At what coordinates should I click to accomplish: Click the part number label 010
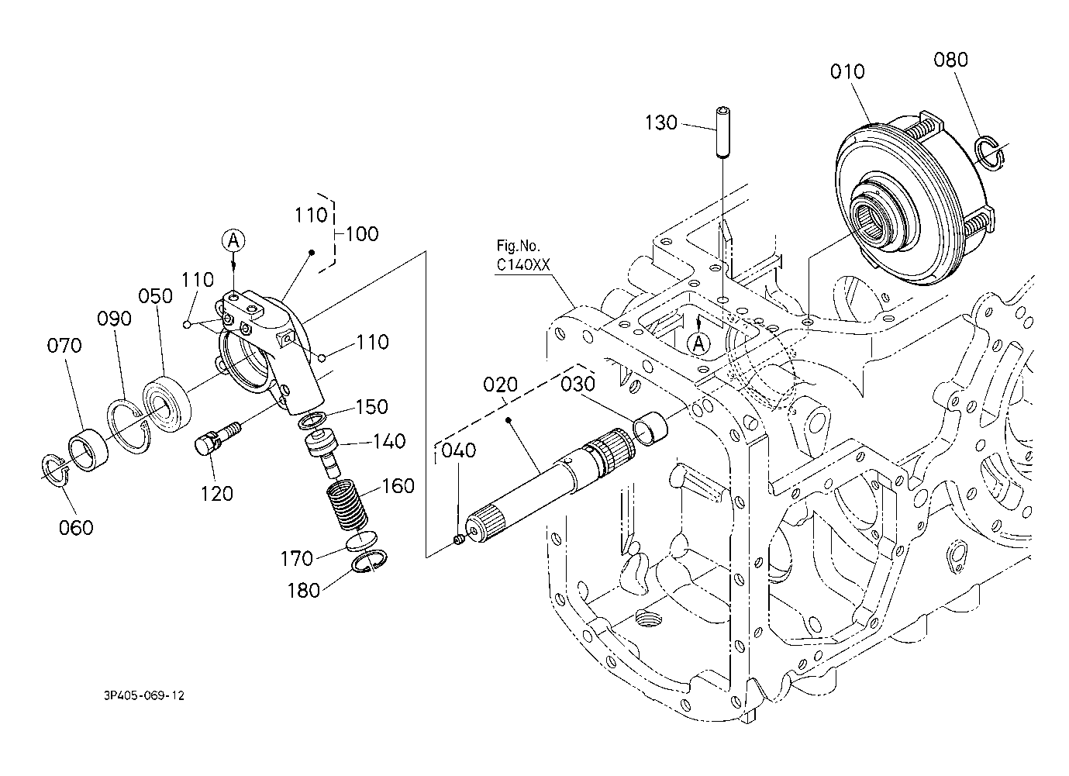click(847, 71)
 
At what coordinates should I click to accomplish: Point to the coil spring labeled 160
click(348, 506)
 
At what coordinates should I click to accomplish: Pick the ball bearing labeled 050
click(167, 405)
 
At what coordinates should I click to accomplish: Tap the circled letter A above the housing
click(233, 240)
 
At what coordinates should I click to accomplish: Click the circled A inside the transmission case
click(698, 343)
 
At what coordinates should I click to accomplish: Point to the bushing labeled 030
click(650, 429)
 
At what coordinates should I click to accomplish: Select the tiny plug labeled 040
click(459, 540)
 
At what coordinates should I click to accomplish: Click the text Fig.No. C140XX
click(523, 255)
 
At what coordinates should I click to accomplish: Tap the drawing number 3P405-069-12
click(144, 695)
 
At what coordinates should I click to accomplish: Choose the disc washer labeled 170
click(362, 540)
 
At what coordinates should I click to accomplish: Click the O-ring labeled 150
click(312, 420)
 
